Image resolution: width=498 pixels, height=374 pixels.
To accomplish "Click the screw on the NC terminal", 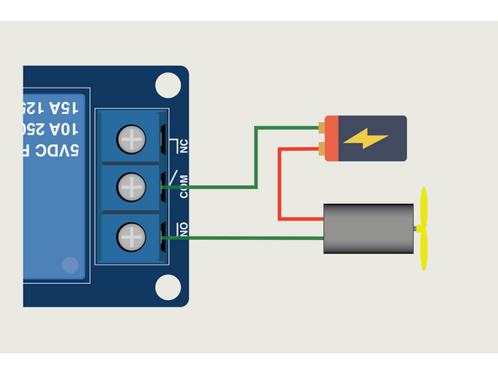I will tap(132, 137).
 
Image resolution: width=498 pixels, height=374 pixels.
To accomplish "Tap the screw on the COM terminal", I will tap(132, 185).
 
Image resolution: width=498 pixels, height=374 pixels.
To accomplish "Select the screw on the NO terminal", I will tap(132, 235).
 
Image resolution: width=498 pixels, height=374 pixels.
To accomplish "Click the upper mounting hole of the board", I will tap(168, 84).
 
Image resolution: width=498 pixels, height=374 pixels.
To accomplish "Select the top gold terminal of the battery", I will tap(322, 128).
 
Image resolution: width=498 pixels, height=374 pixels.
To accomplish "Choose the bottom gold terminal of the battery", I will tap(322, 150).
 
